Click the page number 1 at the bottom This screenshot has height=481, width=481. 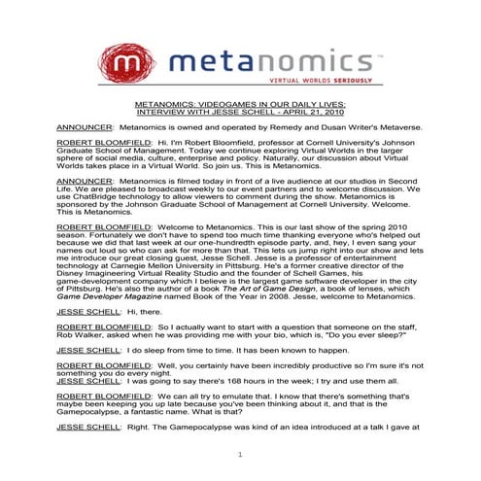click(239, 455)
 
